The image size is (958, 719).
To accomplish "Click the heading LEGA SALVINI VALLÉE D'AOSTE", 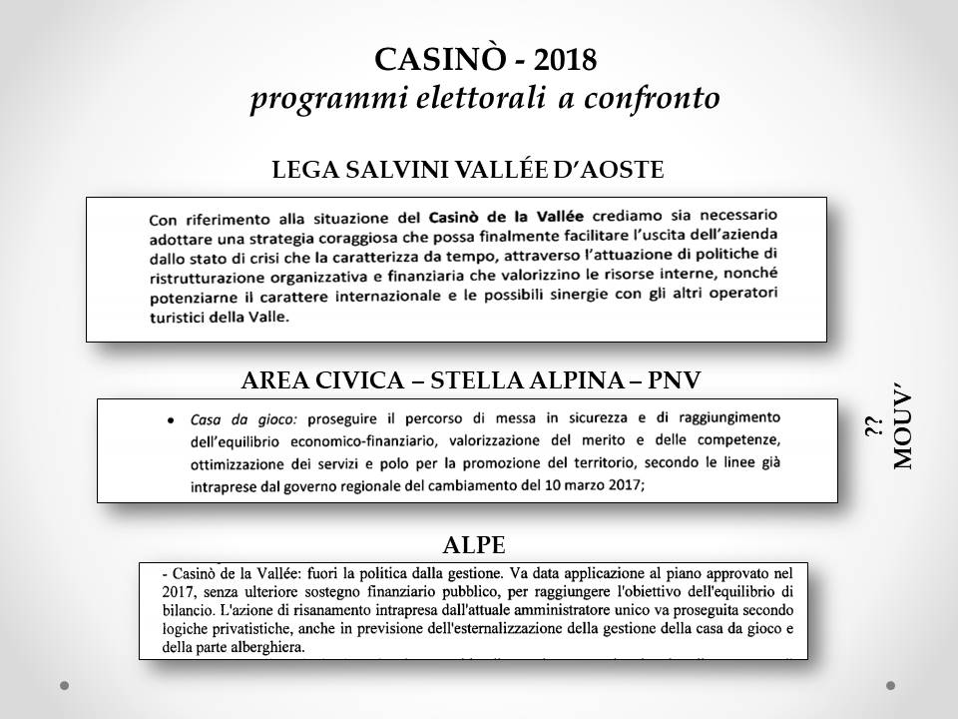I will [468, 170].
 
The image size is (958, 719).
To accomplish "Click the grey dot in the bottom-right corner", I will [891, 685].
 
